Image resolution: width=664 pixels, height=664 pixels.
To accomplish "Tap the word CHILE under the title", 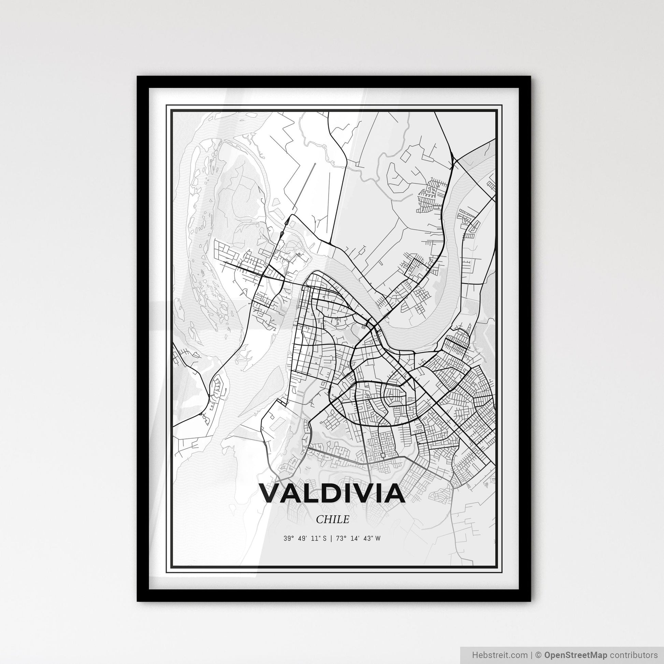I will pyautogui.click(x=332, y=519).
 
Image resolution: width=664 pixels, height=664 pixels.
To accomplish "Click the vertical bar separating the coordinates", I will pyautogui.click(x=331, y=538).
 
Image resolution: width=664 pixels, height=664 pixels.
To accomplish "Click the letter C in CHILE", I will pyautogui.click(x=320, y=519).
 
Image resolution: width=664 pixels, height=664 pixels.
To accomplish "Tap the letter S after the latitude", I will pyautogui.click(x=324, y=538).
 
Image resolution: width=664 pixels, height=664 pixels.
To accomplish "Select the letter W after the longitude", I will pyautogui.click(x=378, y=538).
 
